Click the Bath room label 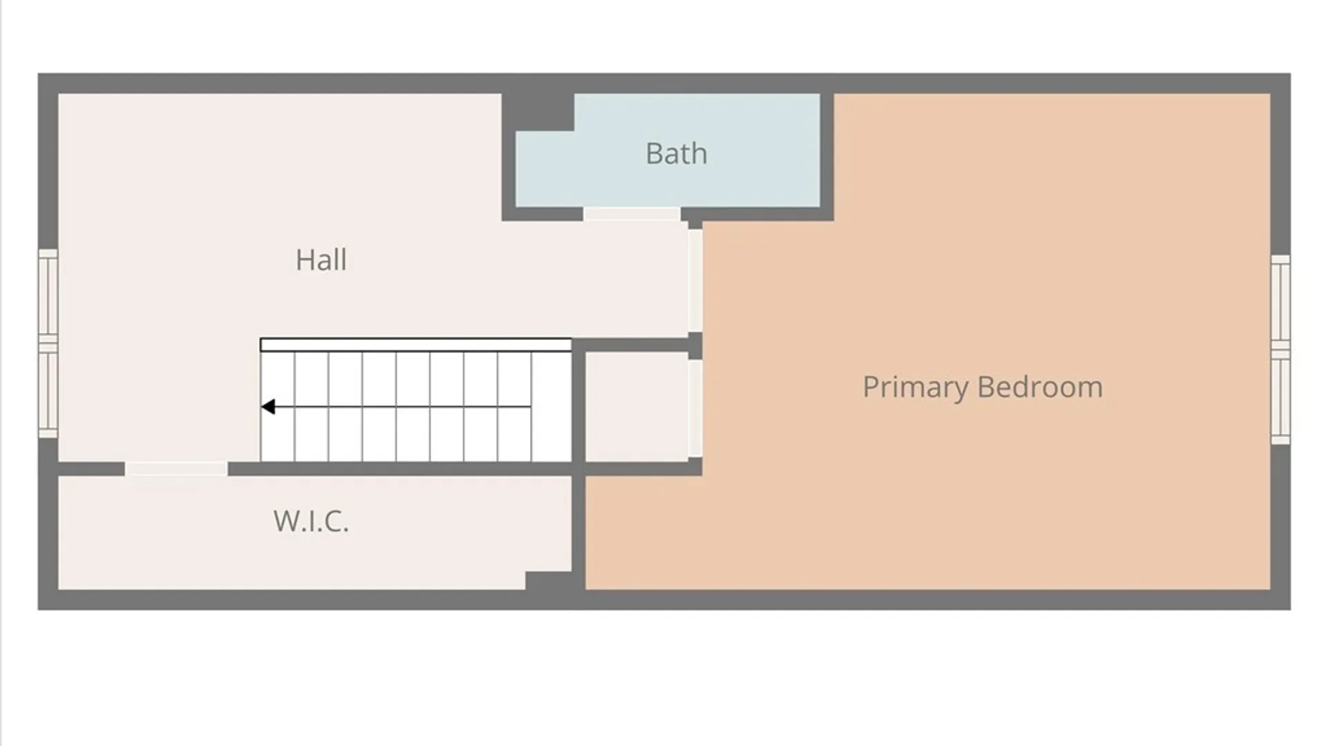(x=676, y=153)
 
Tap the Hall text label (x=321, y=260)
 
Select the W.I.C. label (x=311, y=521)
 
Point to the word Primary (x=916, y=388)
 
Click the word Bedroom (x=1040, y=387)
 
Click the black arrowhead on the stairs (x=268, y=407)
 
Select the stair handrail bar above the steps (x=415, y=345)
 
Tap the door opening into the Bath (x=632, y=214)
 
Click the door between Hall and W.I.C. (x=176, y=469)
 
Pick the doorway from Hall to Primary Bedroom (x=695, y=280)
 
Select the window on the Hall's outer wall (x=48, y=343)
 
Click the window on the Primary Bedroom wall (x=1281, y=350)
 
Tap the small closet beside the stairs (x=637, y=407)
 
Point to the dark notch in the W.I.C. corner (x=549, y=581)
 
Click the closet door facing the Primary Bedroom (x=695, y=408)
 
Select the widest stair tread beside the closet (x=552, y=407)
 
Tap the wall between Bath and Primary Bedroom (x=827, y=157)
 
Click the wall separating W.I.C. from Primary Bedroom (x=578, y=533)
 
